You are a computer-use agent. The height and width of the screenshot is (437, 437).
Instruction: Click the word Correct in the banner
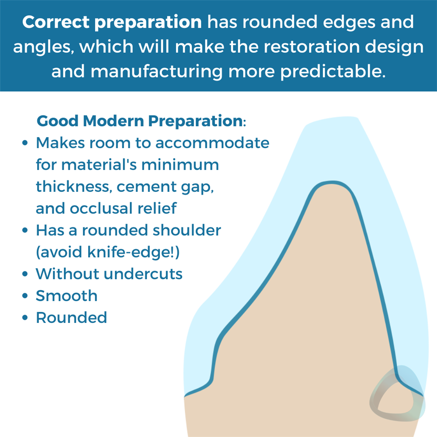point(56,22)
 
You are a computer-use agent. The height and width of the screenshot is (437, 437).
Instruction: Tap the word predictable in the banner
point(333,71)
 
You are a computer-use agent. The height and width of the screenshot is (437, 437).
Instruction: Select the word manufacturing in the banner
point(156,71)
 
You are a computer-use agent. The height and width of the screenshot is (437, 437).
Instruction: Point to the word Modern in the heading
point(113,121)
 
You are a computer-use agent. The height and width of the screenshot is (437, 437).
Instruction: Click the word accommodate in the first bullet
point(212,143)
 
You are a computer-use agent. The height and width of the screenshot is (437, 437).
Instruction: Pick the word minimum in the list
point(180,164)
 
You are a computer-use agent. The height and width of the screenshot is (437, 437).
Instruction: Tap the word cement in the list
point(146,187)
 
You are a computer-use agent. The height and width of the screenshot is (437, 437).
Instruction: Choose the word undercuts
point(143,274)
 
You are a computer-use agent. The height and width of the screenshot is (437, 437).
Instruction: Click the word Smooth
point(66,296)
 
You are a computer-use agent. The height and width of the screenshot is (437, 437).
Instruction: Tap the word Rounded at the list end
point(71,317)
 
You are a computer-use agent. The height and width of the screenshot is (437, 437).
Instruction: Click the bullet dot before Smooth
point(25,296)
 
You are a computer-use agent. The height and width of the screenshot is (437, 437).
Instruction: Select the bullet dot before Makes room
point(25,143)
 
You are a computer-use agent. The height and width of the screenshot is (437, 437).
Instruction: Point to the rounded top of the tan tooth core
point(332,184)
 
